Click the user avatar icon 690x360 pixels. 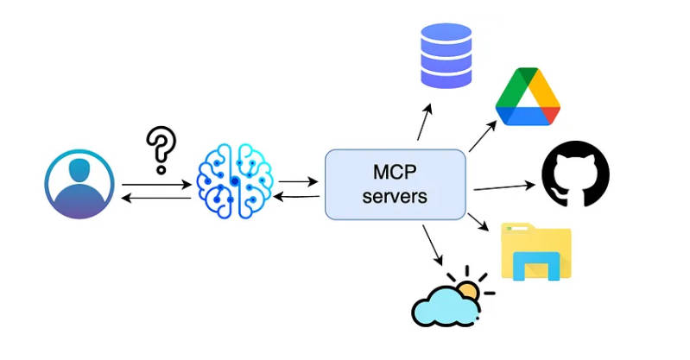pos(79,184)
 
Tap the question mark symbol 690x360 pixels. pos(158,149)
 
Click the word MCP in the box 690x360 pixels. pos(395,173)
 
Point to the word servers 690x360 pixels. pos(395,196)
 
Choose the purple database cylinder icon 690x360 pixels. pos(446,55)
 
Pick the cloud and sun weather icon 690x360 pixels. pos(446,301)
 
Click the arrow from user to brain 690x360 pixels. pos(155,184)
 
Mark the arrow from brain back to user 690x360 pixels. pos(155,198)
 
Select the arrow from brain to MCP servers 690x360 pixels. pos(298,183)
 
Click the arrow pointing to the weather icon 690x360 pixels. pos(433,246)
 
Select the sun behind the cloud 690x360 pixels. pos(469,290)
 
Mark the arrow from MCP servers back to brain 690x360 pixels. pos(298,197)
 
